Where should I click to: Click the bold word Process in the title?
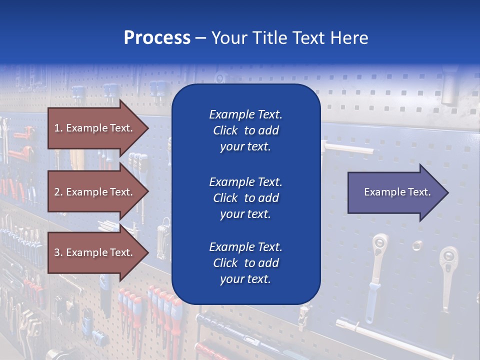click(157, 38)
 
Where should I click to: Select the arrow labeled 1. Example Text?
click(95, 128)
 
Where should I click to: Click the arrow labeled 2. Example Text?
click(95, 192)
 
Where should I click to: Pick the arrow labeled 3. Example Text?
click(95, 252)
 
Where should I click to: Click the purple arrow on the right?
click(395, 192)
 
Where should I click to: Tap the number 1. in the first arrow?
click(58, 128)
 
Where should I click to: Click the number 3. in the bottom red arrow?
click(58, 252)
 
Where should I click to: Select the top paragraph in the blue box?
click(245, 130)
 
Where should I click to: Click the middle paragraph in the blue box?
click(245, 197)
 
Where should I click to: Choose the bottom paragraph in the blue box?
click(245, 263)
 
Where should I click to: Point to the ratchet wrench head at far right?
click(448, 259)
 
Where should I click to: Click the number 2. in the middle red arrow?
click(58, 192)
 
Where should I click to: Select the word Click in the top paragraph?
click(225, 130)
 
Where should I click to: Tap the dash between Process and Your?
click(200, 38)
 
